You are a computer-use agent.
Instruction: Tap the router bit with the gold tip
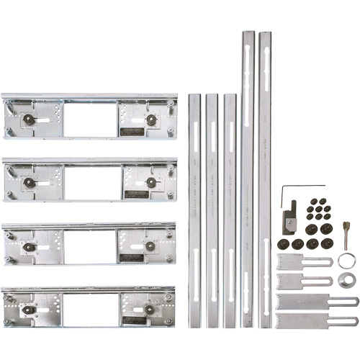coord(346,235)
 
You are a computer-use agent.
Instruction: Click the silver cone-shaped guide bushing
coord(345,279)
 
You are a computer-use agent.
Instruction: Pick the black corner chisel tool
coord(289,220)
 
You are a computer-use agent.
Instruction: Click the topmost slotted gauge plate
coord(303,261)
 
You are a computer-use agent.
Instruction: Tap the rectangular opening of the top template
coord(90,120)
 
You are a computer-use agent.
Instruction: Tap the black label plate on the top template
coord(134,131)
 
